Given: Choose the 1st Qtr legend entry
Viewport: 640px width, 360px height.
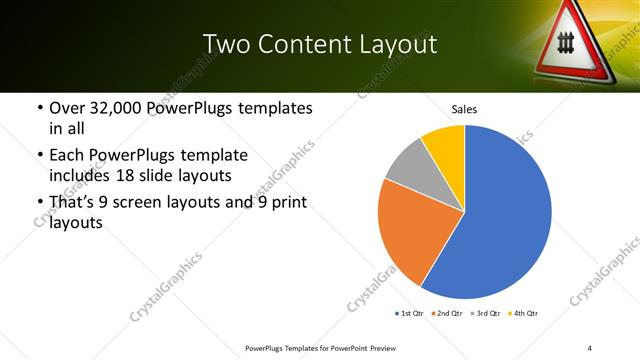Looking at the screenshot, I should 411,314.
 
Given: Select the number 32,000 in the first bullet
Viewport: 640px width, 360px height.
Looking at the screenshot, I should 111,108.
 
